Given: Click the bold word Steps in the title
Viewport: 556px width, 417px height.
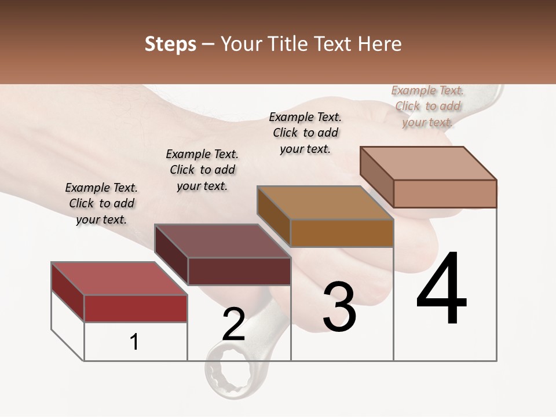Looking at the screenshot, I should click(x=170, y=44).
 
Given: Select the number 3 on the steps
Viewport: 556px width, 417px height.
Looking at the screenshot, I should click(x=339, y=306).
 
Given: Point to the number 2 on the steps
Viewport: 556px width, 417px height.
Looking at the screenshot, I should click(x=233, y=324).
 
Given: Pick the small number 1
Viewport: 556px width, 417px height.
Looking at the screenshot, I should click(x=134, y=342).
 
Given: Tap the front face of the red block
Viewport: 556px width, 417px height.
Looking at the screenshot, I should click(x=136, y=308).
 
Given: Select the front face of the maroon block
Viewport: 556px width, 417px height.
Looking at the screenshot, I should click(x=239, y=271).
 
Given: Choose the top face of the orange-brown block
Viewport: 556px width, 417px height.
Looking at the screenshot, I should click(x=324, y=203).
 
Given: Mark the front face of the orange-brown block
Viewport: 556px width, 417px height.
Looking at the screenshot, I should click(x=342, y=233).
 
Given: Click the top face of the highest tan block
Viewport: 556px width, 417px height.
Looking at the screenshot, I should click(x=428, y=163).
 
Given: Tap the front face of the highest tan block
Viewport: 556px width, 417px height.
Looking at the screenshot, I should click(x=445, y=193).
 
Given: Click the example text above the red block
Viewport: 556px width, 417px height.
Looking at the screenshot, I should click(x=101, y=203).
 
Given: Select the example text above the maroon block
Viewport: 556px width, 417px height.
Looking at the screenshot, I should click(x=202, y=170).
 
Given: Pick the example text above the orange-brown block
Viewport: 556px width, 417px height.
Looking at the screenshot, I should click(x=305, y=133).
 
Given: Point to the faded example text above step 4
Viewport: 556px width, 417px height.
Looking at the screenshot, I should click(x=427, y=106).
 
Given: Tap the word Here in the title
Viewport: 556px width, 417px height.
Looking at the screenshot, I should click(x=379, y=44).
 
